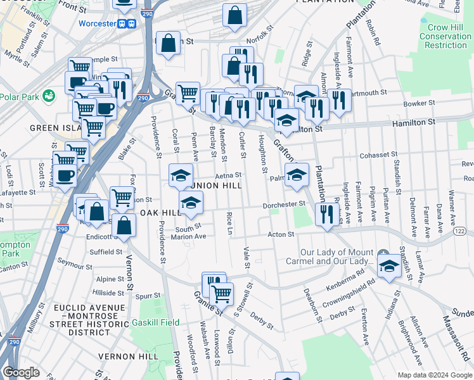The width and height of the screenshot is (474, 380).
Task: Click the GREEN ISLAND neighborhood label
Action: pyautogui.click(x=43, y=127)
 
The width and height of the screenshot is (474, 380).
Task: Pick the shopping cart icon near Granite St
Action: pyautogui.click(x=221, y=293)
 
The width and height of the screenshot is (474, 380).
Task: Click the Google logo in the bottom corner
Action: pyautogui.click(x=21, y=372)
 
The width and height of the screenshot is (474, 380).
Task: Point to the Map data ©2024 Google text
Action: pyautogui.click(x=434, y=375)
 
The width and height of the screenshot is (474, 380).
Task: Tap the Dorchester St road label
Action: pyautogui.click(x=285, y=205)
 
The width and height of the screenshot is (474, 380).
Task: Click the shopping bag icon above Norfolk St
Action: pyautogui.click(x=234, y=16)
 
